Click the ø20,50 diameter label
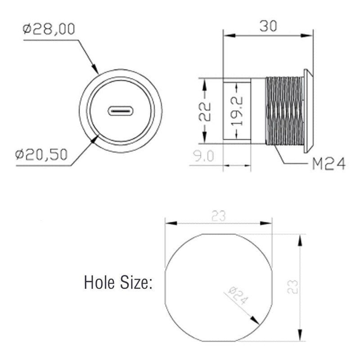pyautogui.click(x=41, y=155)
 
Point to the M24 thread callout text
pyautogui.click(x=328, y=165)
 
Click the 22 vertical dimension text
pyautogui.click(x=204, y=111)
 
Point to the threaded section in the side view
pyautogui.click(x=284, y=111)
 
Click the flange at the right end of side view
pyautogui.click(x=309, y=111)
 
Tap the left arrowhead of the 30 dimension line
pyautogui.click(x=228, y=35)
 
